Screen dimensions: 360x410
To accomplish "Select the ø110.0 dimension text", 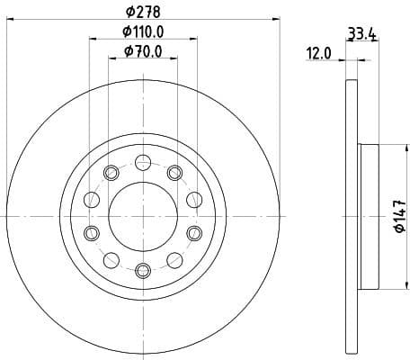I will tap(145, 32).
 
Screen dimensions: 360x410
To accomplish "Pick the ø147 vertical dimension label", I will tap(399, 217).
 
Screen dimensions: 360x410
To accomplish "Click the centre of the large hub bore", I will tap(143, 216).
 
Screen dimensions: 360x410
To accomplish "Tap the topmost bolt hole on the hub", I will tap(143, 162).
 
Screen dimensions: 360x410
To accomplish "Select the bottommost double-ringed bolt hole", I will tap(143, 269).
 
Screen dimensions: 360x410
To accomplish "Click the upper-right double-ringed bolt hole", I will tap(174, 173).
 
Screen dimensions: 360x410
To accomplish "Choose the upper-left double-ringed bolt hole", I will tap(111, 173).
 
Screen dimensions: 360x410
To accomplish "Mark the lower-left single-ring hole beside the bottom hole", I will tap(111, 260).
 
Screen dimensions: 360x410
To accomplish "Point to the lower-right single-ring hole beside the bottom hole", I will tap(174, 260).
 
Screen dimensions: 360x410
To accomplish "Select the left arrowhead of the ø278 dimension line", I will tap(10, 21).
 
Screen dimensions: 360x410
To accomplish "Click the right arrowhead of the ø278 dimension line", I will tap(277, 21).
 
